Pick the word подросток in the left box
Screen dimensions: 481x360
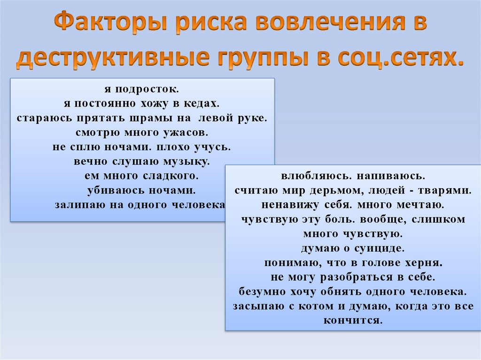(147, 89)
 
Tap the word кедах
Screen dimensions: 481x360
(202, 104)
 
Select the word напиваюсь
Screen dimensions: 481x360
(391, 176)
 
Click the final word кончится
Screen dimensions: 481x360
(353, 321)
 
